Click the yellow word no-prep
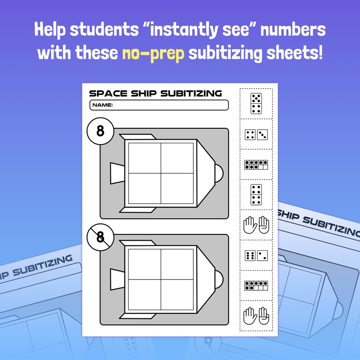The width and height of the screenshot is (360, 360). pyautogui.click(x=153, y=54)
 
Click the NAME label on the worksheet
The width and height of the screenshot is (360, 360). pyautogui.click(x=102, y=105)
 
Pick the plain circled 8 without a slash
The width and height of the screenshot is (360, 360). pyautogui.click(x=100, y=131)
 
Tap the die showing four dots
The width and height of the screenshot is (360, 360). pyautogui.click(x=250, y=135)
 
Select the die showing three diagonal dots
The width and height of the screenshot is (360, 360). pyautogui.click(x=262, y=135)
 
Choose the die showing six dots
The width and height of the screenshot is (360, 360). pyautogui.click(x=250, y=255)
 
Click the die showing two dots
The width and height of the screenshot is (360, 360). pyautogui.click(x=262, y=255)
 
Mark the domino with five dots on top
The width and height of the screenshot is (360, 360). pyautogui.click(x=256, y=103)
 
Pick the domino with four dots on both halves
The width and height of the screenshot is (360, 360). pyautogui.click(x=256, y=195)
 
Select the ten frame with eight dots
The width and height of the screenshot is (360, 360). pyautogui.click(x=256, y=164)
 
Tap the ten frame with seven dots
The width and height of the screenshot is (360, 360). pyautogui.click(x=256, y=285)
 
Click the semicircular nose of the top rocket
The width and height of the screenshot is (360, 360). pyautogui.click(x=218, y=173)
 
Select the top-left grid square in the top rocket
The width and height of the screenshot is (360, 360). pyautogui.click(x=145, y=158)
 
